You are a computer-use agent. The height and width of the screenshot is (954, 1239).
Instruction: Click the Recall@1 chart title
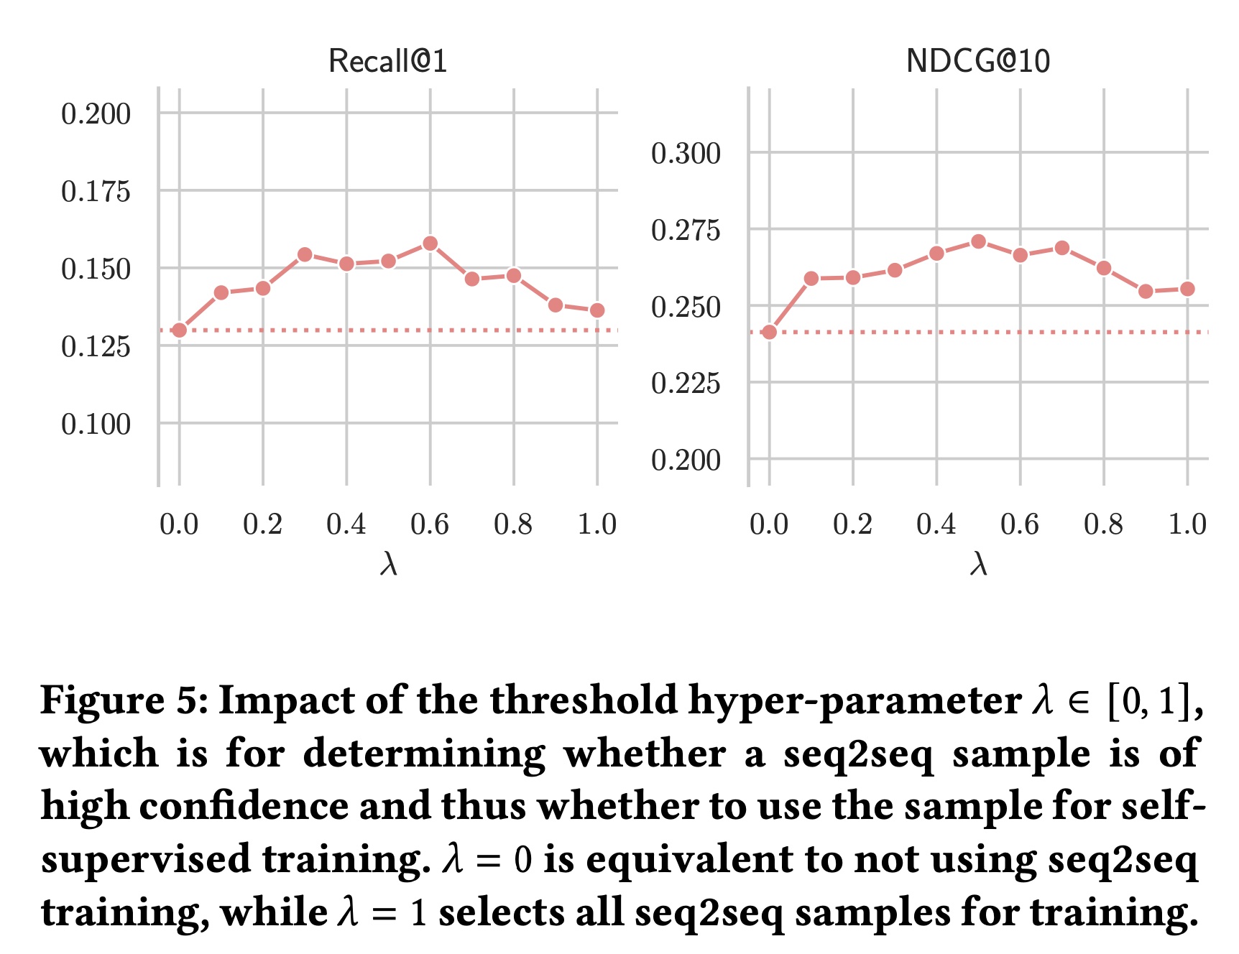387,61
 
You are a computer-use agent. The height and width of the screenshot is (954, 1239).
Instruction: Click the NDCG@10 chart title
977,61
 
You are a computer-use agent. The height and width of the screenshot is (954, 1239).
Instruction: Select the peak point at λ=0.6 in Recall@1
430,244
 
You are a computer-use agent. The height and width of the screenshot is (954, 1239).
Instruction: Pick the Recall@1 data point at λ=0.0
180,330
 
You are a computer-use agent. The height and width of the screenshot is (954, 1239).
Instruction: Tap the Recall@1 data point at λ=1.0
597,310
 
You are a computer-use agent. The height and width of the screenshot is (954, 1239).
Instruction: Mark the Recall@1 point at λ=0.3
305,254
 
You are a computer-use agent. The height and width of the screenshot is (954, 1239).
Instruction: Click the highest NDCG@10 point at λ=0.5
978,241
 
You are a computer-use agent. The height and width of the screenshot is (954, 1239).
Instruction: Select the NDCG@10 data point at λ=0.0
770,332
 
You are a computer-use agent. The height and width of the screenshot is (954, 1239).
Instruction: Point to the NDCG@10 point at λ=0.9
1146,292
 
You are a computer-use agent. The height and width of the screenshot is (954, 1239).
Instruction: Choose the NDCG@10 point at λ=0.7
1062,248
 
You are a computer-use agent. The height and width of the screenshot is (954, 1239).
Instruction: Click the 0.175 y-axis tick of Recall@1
96,192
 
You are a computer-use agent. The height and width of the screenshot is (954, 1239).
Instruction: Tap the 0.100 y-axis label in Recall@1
96,425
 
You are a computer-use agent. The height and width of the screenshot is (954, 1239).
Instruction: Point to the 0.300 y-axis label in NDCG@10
686,154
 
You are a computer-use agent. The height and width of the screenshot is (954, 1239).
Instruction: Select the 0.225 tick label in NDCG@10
686,384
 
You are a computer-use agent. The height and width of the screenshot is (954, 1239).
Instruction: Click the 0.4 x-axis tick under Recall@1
346,524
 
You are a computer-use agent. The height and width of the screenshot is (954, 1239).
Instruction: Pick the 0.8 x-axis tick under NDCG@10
1104,524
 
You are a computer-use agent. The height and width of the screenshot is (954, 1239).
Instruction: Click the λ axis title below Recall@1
388,565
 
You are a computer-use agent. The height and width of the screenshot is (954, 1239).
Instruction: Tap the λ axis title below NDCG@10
978,565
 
